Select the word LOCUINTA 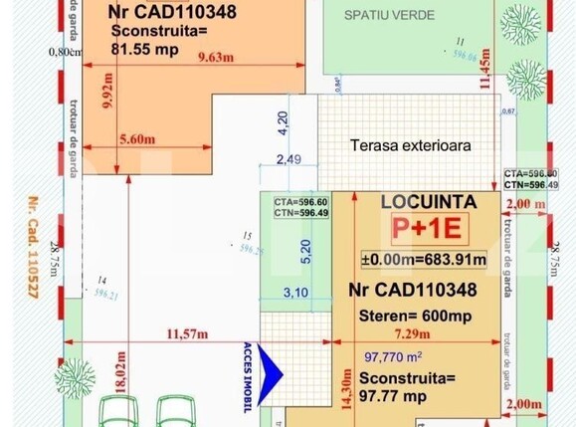click(429, 202)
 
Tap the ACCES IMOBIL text click(248, 377)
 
